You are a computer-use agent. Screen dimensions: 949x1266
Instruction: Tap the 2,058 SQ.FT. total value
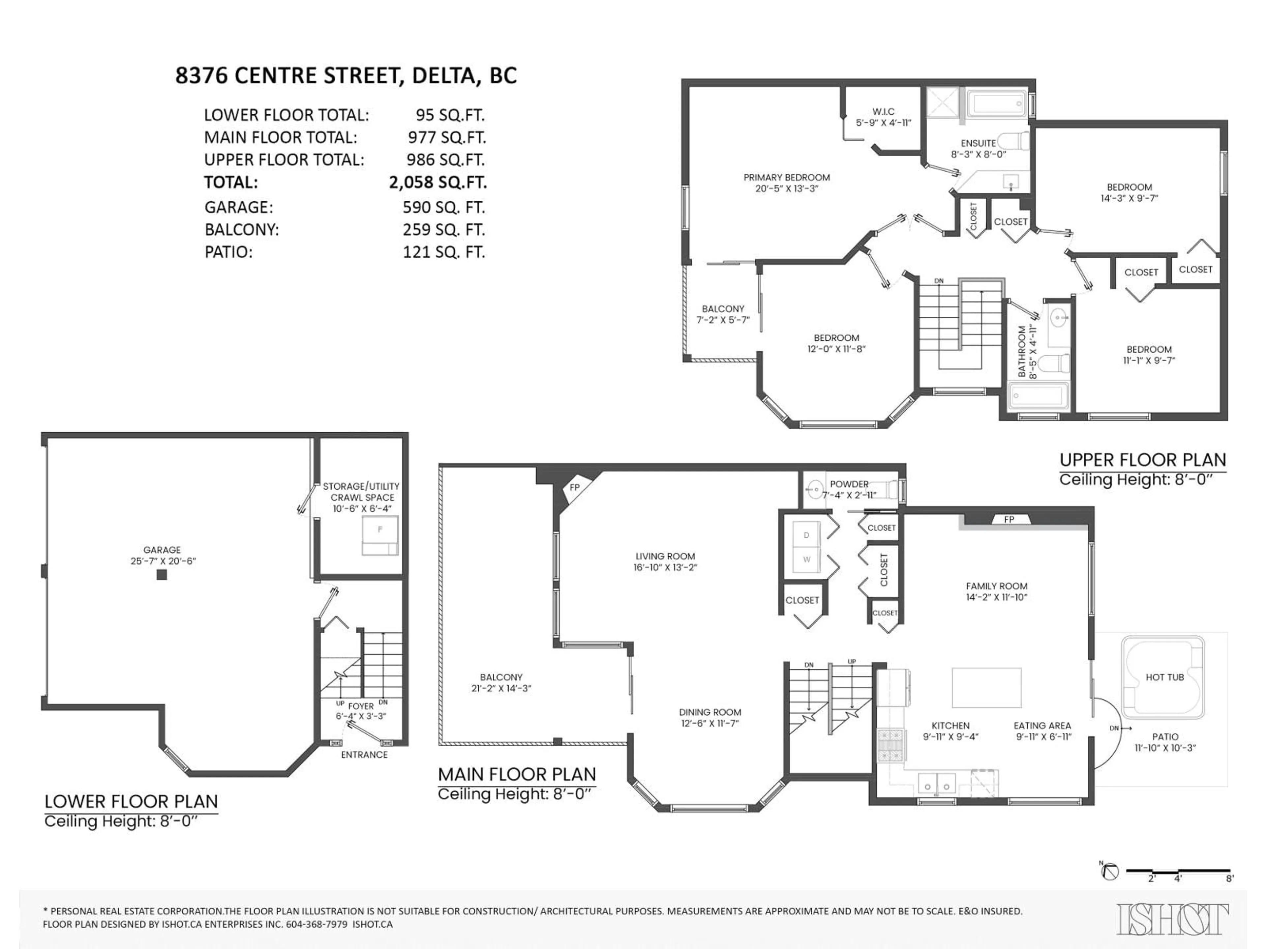(438, 183)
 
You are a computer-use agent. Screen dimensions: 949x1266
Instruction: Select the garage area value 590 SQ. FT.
(443, 207)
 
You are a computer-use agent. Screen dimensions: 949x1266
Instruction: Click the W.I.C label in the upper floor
(883, 112)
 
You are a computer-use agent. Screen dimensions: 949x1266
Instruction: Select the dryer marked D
(806, 535)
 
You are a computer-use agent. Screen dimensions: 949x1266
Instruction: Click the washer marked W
(806, 560)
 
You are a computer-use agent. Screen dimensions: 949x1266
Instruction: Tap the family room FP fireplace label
(1009, 519)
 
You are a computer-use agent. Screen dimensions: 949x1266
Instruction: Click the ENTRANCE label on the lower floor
(364, 755)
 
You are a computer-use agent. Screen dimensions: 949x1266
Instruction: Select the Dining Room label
(710, 712)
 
